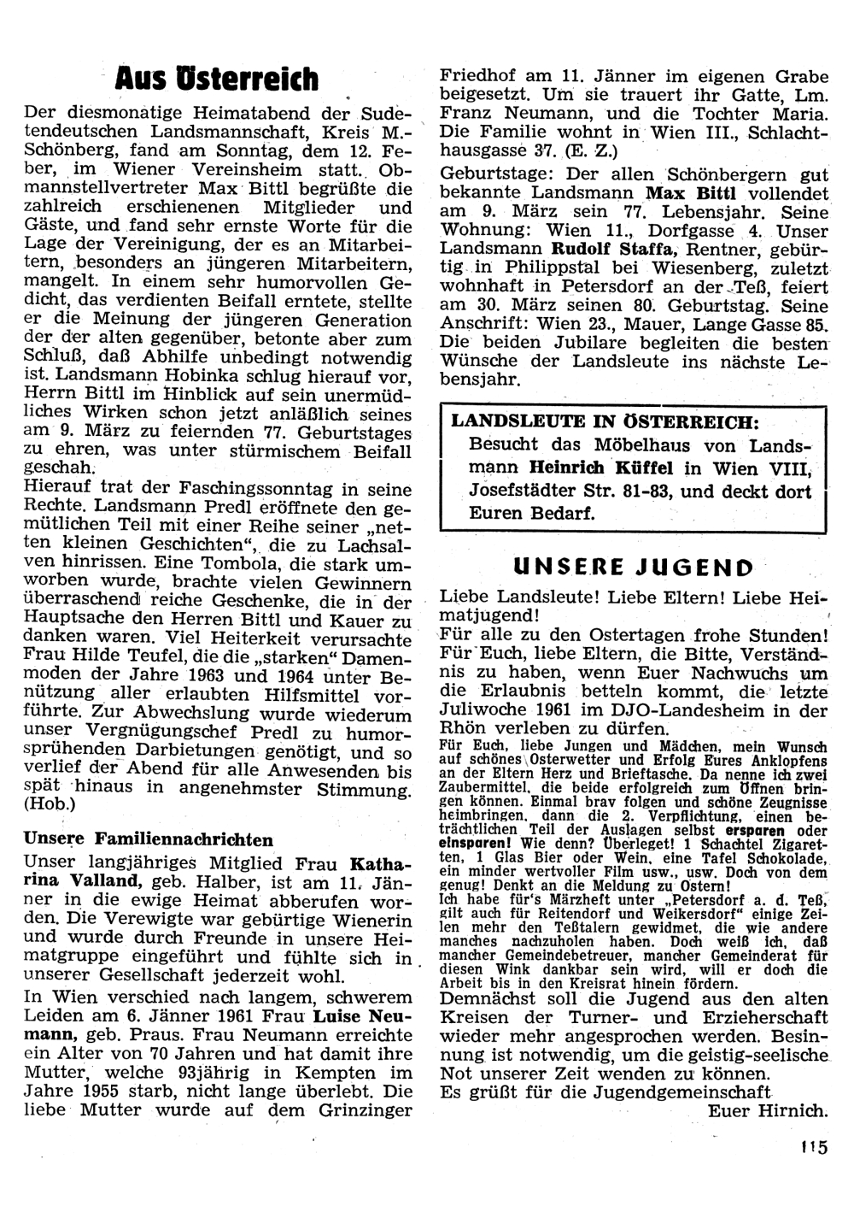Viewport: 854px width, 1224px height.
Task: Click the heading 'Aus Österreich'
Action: tap(217, 79)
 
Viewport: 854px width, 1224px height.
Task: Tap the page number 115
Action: tap(814, 1147)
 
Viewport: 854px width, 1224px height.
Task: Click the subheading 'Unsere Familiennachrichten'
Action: tap(149, 839)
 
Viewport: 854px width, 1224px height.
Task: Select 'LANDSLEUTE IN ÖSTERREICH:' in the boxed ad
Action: tap(603, 421)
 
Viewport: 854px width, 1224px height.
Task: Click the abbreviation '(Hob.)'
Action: tap(50, 805)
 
